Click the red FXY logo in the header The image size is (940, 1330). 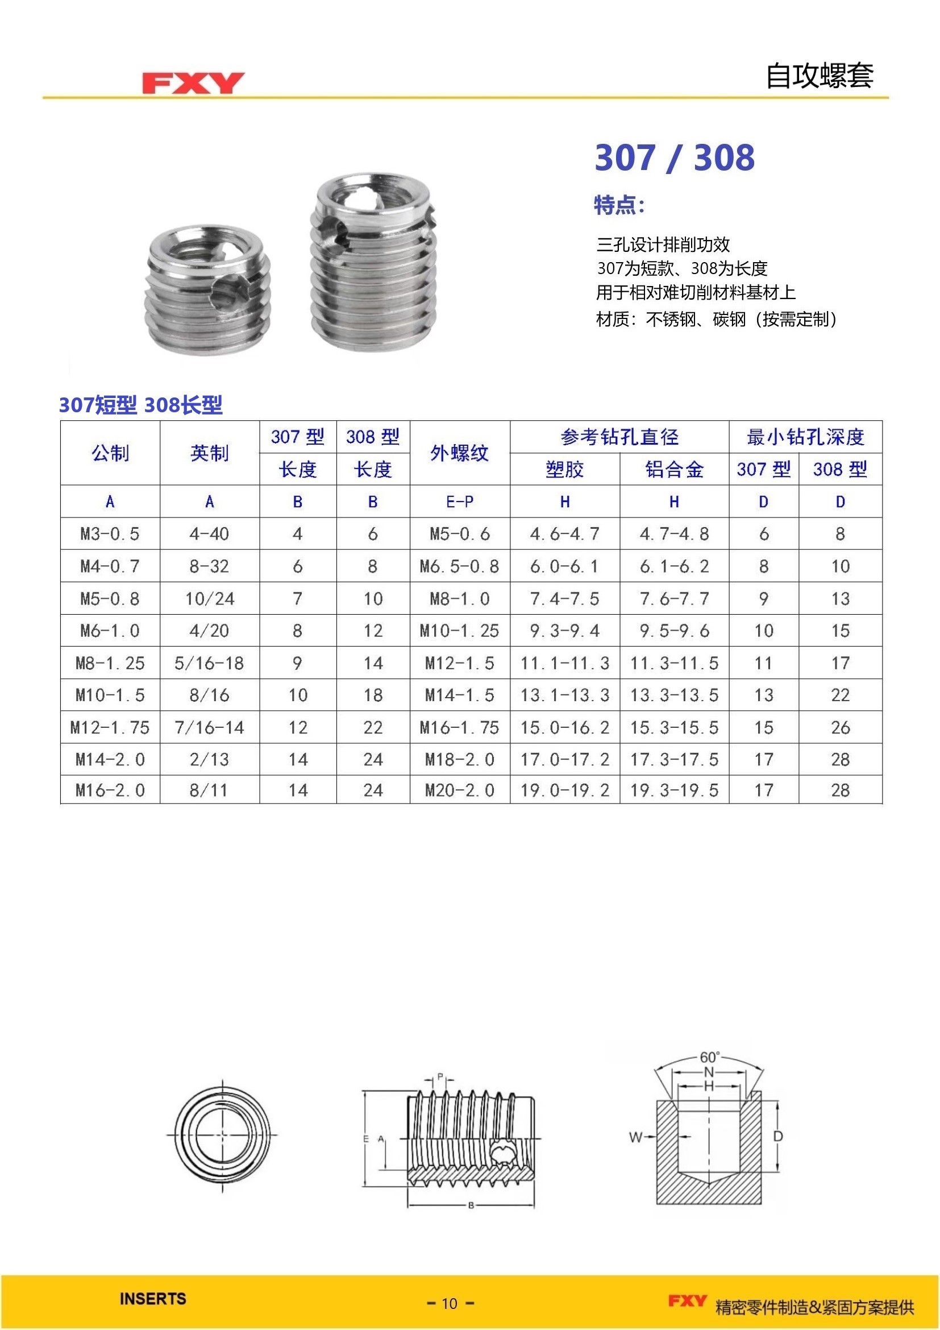[193, 83]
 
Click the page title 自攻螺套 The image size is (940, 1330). [819, 76]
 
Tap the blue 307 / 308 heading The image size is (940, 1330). [675, 158]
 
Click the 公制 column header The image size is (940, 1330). [110, 453]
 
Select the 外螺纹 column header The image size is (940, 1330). [460, 453]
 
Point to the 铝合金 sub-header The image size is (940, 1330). [674, 469]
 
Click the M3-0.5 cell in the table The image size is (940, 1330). [110, 533]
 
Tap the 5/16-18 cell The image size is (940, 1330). [210, 662]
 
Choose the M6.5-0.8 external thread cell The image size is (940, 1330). [460, 566]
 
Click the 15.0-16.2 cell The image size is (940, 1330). [564, 728]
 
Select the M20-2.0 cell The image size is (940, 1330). [460, 790]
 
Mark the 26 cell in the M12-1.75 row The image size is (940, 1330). [840, 728]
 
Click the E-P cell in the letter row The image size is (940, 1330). [460, 502]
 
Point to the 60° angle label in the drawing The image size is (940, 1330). [710, 1057]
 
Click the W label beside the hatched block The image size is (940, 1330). [635, 1137]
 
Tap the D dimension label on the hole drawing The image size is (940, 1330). [778, 1136]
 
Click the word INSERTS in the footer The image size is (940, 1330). [153, 1299]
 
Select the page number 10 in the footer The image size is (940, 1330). [450, 1303]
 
